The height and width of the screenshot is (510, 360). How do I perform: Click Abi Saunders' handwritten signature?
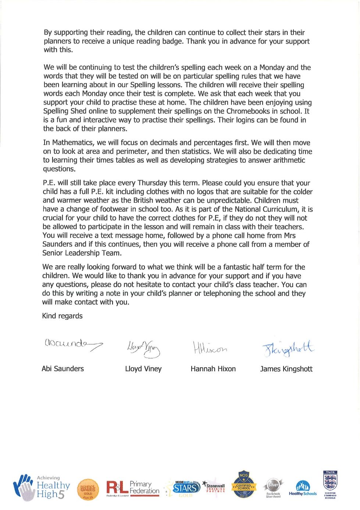pyautogui.click(x=73, y=344)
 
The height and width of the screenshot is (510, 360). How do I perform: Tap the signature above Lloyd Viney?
pyautogui.click(x=143, y=348)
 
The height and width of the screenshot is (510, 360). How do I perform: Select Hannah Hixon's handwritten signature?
pyautogui.click(x=210, y=348)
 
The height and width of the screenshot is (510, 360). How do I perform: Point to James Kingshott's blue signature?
pyautogui.click(x=288, y=348)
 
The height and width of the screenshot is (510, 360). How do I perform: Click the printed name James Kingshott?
pyautogui.click(x=286, y=369)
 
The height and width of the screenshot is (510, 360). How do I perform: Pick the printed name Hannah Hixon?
pyautogui.click(x=213, y=369)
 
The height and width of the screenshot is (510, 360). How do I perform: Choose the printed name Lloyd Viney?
pyautogui.click(x=143, y=369)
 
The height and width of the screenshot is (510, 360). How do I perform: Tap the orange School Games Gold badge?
pyautogui.click(x=88, y=489)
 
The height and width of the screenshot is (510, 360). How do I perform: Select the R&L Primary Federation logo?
pyautogui.click(x=133, y=489)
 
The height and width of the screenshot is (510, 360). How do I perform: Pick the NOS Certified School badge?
pyautogui.click(x=243, y=485)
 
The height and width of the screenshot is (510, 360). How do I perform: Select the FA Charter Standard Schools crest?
pyautogui.click(x=330, y=484)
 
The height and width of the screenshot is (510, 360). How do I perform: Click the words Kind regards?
pyautogui.click(x=62, y=316)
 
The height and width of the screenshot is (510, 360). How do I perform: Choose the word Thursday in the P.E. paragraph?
pyautogui.click(x=152, y=183)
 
